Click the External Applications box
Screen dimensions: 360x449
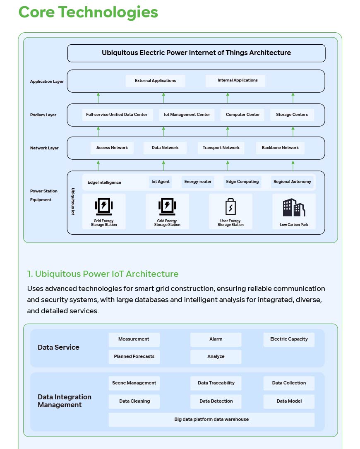click(x=155, y=81)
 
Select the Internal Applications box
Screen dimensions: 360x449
click(x=235, y=80)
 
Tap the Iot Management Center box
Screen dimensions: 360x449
click(x=187, y=115)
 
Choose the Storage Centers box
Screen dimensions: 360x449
click(x=292, y=115)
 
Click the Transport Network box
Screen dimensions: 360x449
click(x=221, y=148)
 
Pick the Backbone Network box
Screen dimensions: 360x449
click(x=280, y=148)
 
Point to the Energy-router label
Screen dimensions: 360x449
click(x=198, y=182)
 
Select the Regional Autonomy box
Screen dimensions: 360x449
click(x=292, y=182)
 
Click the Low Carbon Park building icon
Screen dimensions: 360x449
click(x=294, y=207)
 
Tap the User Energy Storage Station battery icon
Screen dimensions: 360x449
click(x=230, y=207)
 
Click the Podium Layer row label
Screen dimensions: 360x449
click(x=43, y=115)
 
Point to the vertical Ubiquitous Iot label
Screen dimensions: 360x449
click(x=73, y=201)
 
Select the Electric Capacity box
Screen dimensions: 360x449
click(x=289, y=339)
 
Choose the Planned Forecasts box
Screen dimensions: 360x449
click(x=134, y=357)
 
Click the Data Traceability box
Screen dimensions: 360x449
click(x=216, y=383)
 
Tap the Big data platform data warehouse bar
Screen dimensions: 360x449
click(x=211, y=420)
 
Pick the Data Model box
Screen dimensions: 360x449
click(x=289, y=401)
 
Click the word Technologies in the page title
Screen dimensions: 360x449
click(x=108, y=12)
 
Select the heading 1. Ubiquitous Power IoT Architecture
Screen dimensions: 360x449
click(x=103, y=274)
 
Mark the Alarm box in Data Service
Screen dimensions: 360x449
click(x=216, y=339)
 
